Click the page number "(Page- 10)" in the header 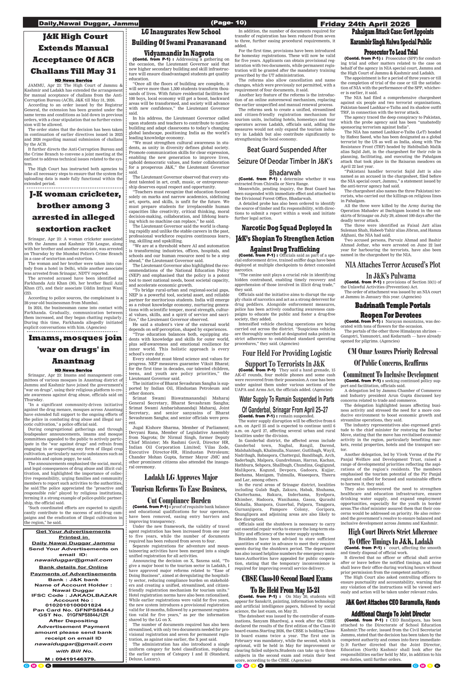(228, 23)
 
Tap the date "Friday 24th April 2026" (365, 24)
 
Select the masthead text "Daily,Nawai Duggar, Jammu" (88, 23)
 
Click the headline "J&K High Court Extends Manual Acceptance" (73, 54)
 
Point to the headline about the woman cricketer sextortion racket (73, 211)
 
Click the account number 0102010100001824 (73, 605)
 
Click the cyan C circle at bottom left (26, 665)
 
